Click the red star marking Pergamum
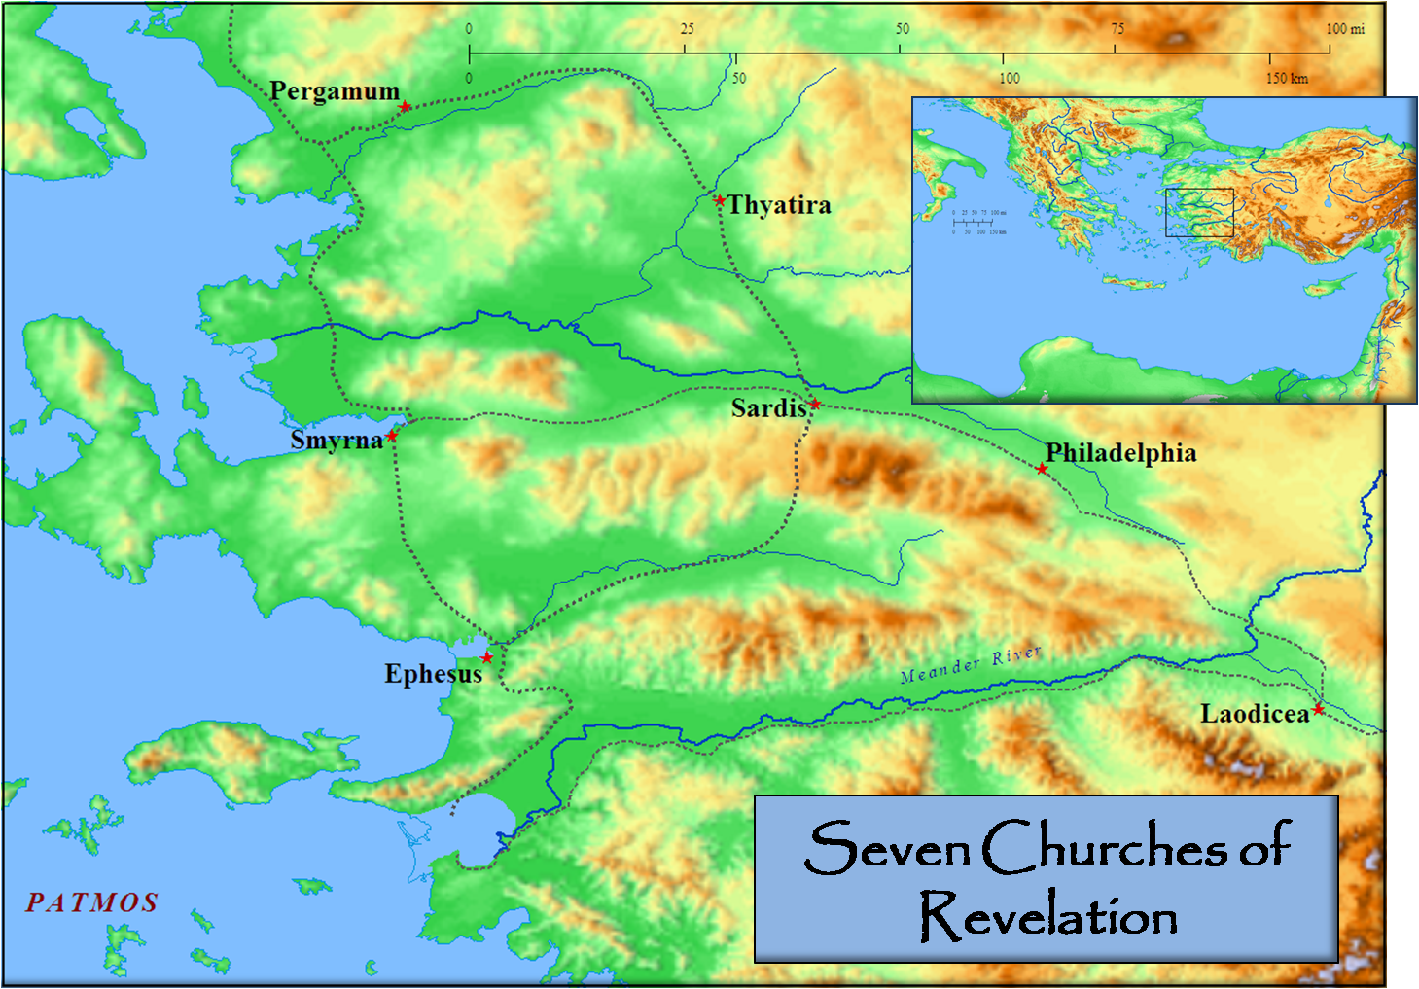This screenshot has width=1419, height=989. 405,106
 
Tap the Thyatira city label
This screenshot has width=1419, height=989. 779,205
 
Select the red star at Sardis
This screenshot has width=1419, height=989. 815,404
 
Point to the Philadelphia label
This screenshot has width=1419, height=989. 1120,453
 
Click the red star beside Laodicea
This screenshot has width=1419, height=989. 1318,709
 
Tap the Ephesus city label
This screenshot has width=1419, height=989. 433,674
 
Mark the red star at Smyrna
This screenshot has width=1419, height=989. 392,436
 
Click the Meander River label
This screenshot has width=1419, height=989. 970,664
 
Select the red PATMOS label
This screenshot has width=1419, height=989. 91,903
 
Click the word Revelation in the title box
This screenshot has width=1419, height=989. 1048,916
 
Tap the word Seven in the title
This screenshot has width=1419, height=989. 887,847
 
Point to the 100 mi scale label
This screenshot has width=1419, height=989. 1345,29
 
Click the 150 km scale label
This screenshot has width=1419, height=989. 1287,78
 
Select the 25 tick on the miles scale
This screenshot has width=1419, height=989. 687,29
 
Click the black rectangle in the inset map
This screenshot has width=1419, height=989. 1199,213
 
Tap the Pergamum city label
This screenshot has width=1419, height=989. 335,91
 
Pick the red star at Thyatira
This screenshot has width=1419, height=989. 720,200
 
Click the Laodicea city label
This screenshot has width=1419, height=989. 1255,715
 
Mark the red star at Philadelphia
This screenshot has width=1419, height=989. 1042,469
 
